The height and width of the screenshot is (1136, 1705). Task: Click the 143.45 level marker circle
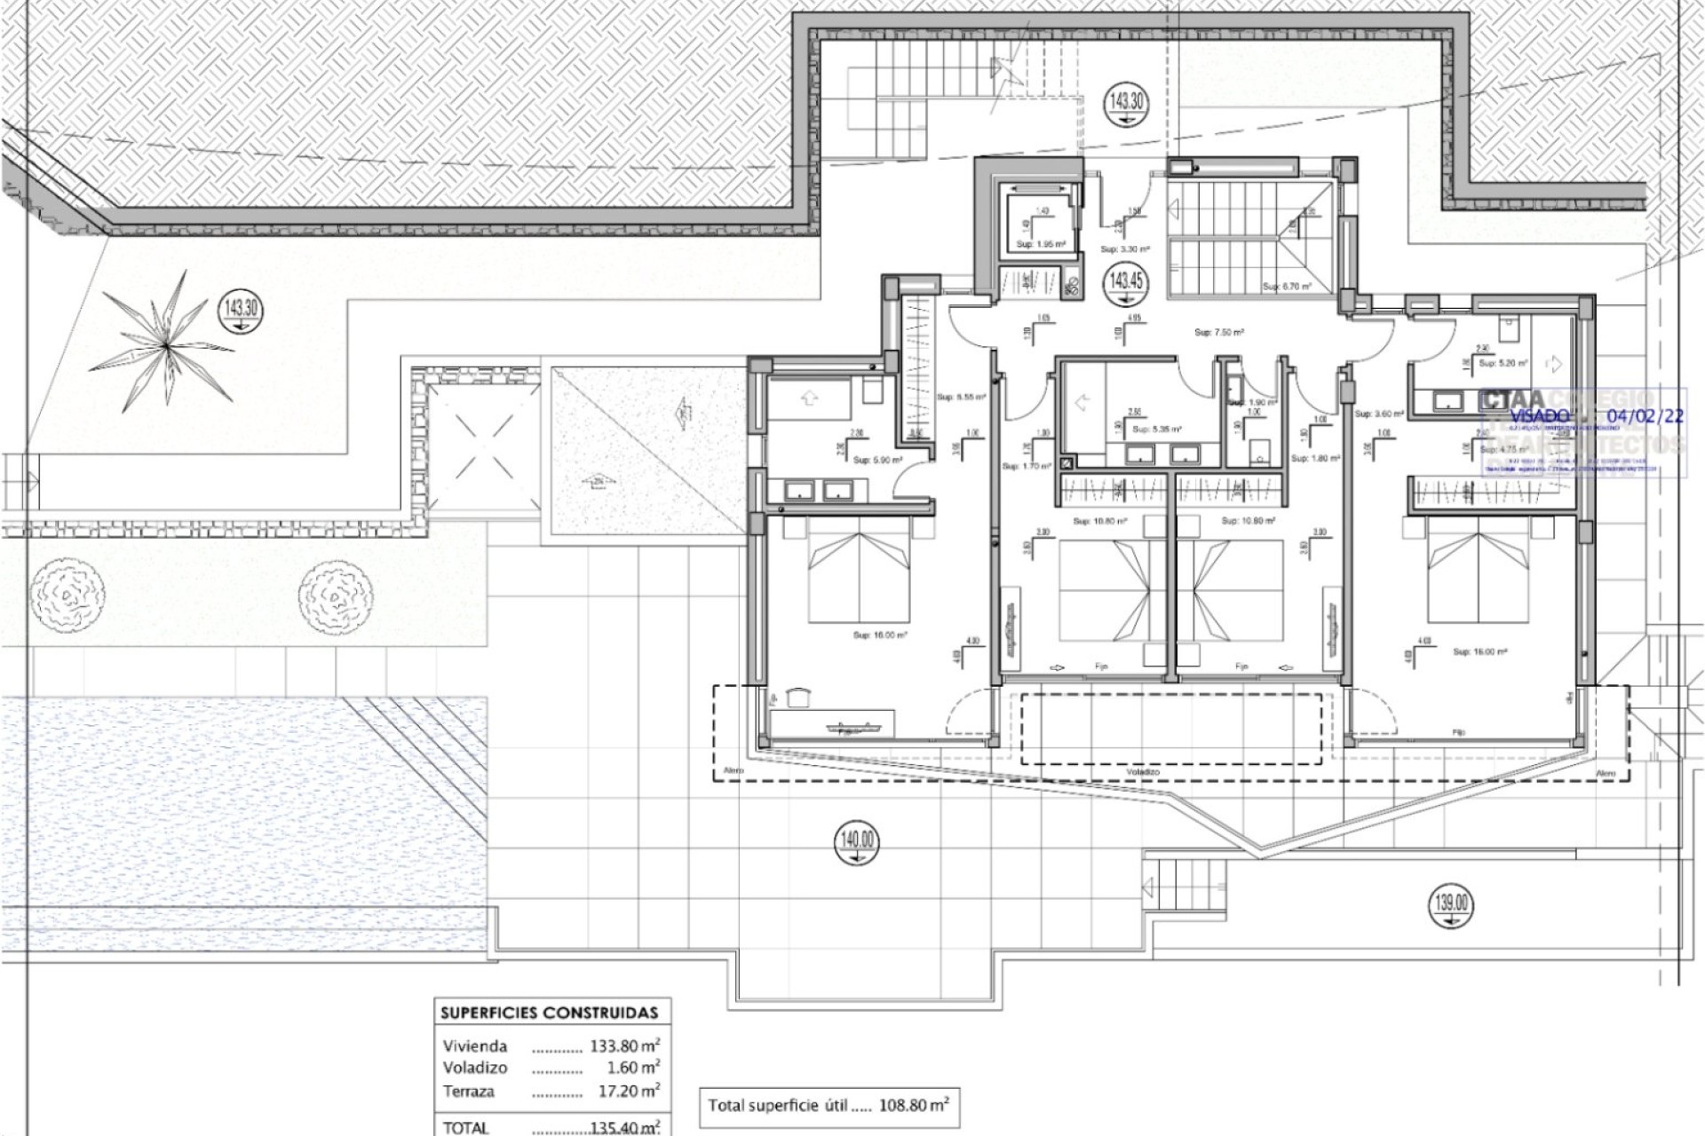click(x=1126, y=281)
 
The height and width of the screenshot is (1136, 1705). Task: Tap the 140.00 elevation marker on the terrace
click(x=856, y=839)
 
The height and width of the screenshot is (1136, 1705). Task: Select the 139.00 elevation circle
click(x=1451, y=904)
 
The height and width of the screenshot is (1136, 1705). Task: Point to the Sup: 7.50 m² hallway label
click(x=1218, y=333)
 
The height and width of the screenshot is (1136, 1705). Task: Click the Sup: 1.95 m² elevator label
click(x=1041, y=244)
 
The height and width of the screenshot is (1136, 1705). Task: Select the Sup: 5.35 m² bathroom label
click(x=1156, y=430)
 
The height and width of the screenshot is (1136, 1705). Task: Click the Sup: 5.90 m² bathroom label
click(x=877, y=461)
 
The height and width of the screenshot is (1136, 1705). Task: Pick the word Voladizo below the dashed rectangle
click(x=1143, y=773)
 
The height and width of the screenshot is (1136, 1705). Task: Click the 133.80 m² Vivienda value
click(x=625, y=1045)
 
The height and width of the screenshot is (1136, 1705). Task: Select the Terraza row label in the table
click(x=468, y=1092)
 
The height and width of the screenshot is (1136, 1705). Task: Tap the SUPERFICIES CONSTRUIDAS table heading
click(x=550, y=1013)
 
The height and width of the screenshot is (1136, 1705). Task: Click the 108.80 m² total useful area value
click(x=914, y=1106)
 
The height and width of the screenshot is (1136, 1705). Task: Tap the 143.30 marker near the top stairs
click(x=1126, y=101)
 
